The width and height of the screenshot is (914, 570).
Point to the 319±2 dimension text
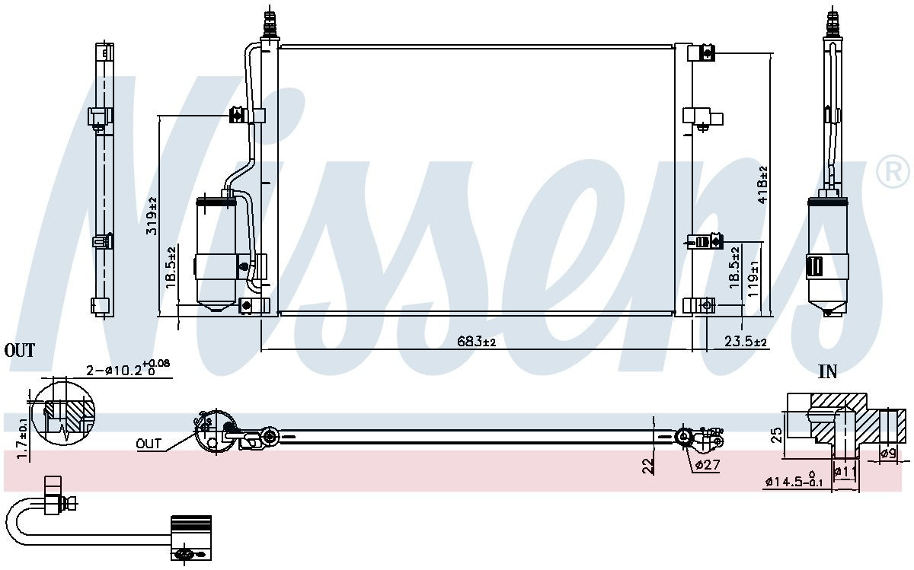pos(152,215)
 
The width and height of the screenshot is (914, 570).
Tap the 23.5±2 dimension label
pos(745,342)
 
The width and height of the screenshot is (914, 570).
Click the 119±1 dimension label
pos(753,279)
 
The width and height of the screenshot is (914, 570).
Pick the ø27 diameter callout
pos(705,463)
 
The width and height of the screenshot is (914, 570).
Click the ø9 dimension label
pos(887,454)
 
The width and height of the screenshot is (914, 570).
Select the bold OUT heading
pos(20,351)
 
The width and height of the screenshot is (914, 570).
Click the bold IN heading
pos(827,372)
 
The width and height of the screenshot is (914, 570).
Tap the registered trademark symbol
pos(893,172)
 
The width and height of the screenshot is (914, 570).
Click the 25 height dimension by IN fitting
pos(776,435)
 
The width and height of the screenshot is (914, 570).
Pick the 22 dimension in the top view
pos(649,465)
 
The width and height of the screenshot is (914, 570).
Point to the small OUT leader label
pos(149,444)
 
